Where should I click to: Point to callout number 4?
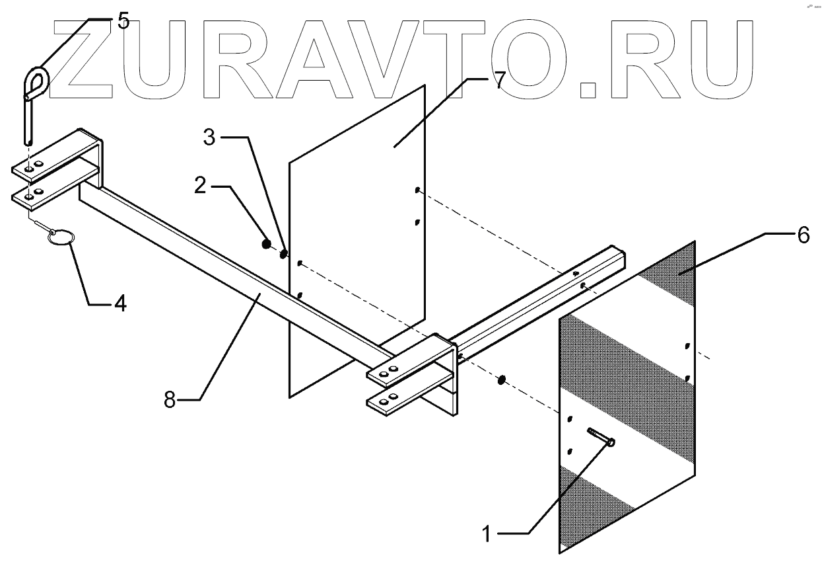click(120, 303)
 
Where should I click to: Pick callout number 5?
click(123, 20)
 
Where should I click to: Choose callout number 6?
click(802, 235)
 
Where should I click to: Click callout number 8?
click(170, 400)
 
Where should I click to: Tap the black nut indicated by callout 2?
click(266, 245)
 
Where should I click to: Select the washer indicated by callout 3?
click(283, 253)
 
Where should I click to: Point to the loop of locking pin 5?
click(36, 82)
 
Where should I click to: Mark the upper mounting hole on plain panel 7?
click(418, 191)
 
